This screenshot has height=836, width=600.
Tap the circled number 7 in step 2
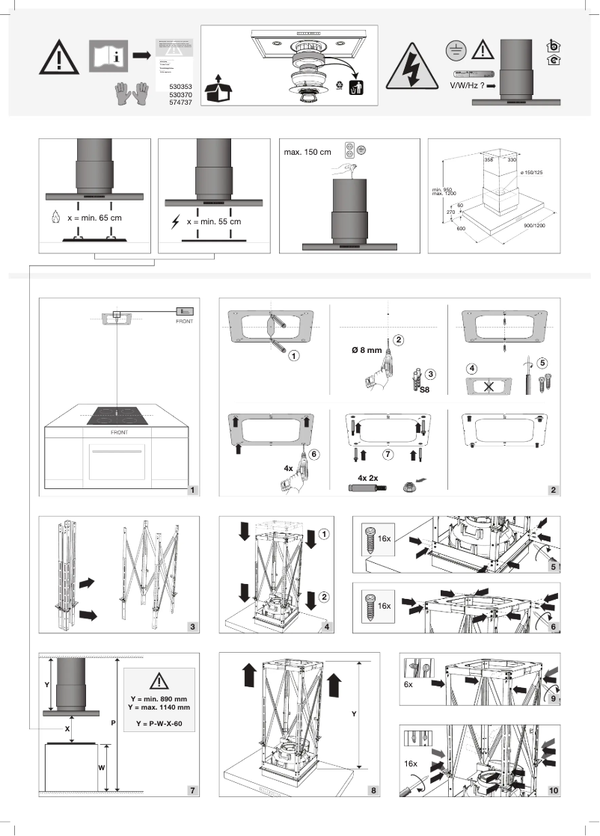pyautogui.click(x=388, y=454)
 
